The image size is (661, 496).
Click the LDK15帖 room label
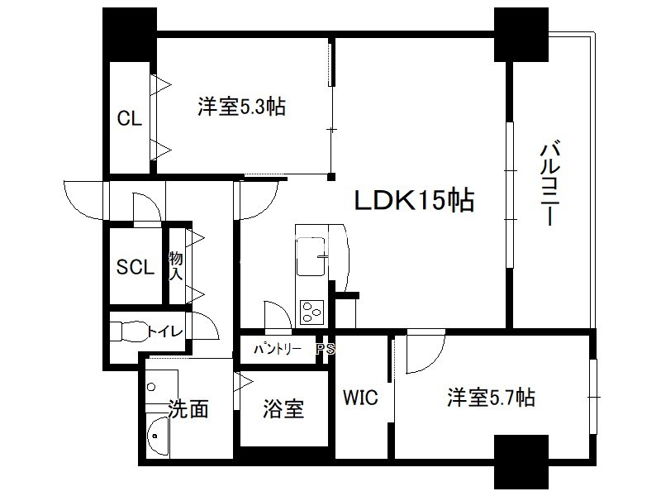(x=414, y=200)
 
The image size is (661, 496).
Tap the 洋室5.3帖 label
(x=241, y=107)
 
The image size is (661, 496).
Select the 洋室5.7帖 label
(x=491, y=398)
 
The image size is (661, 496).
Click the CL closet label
(x=129, y=119)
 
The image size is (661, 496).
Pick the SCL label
(x=135, y=267)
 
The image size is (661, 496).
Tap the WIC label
(x=360, y=398)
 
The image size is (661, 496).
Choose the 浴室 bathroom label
(x=283, y=408)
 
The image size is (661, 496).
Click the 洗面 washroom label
(x=188, y=408)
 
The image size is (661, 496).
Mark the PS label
(x=327, y=349)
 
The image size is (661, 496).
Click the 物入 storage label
(x=175, y=265)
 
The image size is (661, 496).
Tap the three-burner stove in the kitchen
(x=313, y=312)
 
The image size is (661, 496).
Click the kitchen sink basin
(x=311, y=255)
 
